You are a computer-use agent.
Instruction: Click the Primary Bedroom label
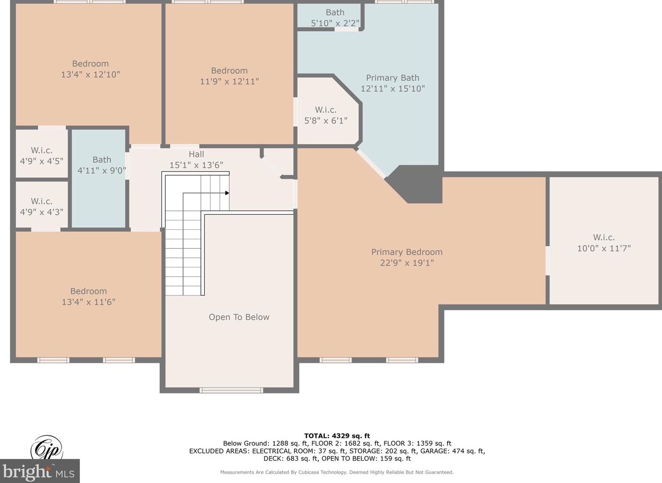click(407, 252)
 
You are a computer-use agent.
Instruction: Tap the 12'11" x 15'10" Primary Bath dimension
click(392, 88)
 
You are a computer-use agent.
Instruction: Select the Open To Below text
click(239, 317)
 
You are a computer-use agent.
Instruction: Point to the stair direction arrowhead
click(227, 193)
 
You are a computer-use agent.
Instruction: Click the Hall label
click(196, 154)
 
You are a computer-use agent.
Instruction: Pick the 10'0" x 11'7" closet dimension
click(604, 248)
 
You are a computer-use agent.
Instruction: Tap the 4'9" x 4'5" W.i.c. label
click(42, 156)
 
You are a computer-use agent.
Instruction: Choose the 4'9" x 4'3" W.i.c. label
click(42, 207)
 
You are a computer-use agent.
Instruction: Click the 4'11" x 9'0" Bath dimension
click(102, 171)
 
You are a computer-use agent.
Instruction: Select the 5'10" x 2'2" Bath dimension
click(335, 23)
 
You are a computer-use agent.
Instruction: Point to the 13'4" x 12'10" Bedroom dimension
click(90, 74)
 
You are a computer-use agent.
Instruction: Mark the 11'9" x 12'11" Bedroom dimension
click(229, 81)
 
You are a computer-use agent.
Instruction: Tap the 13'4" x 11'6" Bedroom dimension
click(88, 302)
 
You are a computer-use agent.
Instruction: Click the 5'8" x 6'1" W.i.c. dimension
click(326, 121)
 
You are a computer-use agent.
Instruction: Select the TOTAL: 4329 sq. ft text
click(337, 436)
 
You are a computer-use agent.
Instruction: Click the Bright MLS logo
click(40, 471)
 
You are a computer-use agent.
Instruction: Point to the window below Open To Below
click(231, 390)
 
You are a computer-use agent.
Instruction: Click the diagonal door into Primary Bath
click(371, 164)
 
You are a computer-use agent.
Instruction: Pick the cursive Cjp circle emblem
click(46, 448)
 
